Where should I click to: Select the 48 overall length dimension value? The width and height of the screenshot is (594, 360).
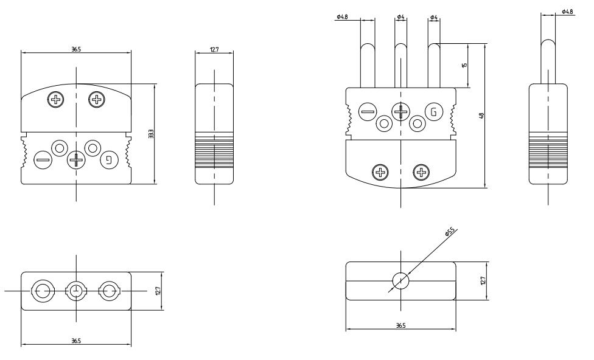481,115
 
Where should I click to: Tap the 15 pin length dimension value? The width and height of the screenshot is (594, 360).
464,65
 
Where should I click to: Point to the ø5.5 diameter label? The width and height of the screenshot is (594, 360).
450,232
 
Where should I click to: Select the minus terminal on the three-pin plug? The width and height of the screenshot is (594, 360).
368,111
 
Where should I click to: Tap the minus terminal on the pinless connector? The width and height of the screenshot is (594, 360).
43,161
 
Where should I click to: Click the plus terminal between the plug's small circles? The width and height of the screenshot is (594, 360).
400,111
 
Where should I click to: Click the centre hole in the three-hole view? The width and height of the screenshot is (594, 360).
76,291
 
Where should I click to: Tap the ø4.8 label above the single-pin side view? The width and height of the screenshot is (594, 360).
567,12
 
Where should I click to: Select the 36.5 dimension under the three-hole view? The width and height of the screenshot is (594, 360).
76,341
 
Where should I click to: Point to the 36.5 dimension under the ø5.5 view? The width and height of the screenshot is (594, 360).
400,327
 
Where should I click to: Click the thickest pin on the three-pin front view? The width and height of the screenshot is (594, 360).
368,64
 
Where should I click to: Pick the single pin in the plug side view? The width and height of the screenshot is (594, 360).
548,61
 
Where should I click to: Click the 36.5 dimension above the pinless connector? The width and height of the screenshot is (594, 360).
76,49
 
